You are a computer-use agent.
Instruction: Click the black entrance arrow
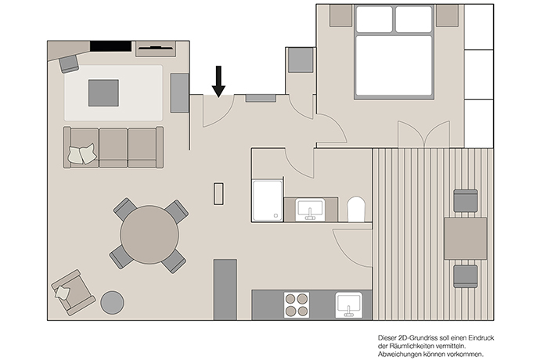pyautogui.click(x=218, y=81)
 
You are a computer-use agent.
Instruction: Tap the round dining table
pyautogui.click(x=149, y=235)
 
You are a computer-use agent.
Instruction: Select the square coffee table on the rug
pyautogui.click(x=103, y=93)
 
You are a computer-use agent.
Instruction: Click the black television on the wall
pyautogui.click(x=110, y=46)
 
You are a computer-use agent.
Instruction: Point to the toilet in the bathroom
pyautogui.click(x=356, y=209)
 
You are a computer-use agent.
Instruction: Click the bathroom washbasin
pyautogui.click(x=310, y=210)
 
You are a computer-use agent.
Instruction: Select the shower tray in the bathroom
pyautogui.click(x=268, y=200)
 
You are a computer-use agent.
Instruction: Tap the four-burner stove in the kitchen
pyautogui.click(x=297, y=305)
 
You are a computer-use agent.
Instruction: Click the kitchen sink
pyautogui.click(x=348, y=305)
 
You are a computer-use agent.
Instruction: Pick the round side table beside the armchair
pyautogui.click(x=112, y=303)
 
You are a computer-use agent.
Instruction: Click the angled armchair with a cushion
pyautogui.click(x=73, y=293)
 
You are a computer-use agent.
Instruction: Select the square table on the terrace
pyautogui.click(x=466, y=238)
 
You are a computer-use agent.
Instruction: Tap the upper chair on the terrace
pyautogui.click(x=466, y=200)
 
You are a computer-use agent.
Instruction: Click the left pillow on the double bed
pyautogui.click(x=374, y=20)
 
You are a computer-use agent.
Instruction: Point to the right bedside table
pyautogui.click(x=448, y=16)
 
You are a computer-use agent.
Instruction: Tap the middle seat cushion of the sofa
pyautogui.click(x=113, y=147)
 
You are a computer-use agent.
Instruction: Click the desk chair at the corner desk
pyautogui.click(x=69, y=64)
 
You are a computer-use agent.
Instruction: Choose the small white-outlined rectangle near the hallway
pyautogui.click(x=218, y=194)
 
